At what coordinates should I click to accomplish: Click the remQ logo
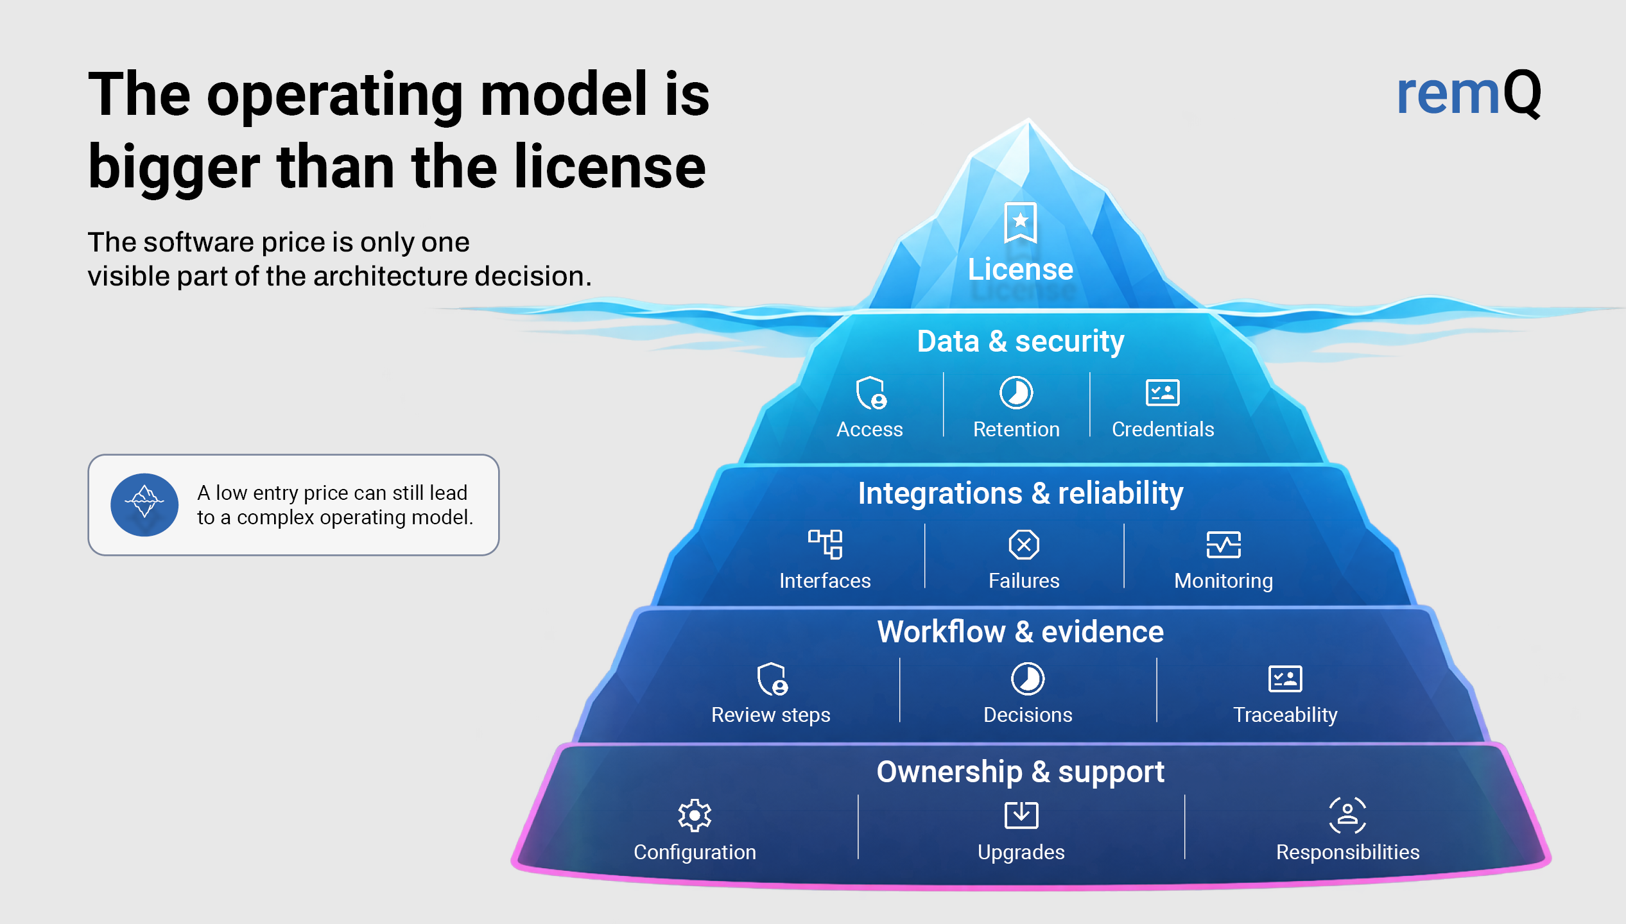[x=1469, y=94]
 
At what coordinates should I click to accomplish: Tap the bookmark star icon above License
[x=1020, y=222]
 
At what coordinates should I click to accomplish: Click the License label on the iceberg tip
[x=1020, y=269]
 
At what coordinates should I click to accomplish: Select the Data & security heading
[x=1020, y=341]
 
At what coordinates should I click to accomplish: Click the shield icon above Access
[x=871, y=393]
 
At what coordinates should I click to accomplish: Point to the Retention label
[x=1016, y=429]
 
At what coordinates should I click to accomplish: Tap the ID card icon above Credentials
[x=1163, y=393]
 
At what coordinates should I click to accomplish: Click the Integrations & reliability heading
[x=1020, y=493]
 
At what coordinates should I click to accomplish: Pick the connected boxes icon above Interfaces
[x=825, y=544]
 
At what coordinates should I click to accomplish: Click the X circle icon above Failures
[x=1024, y=545]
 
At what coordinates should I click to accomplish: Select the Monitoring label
[x=1224, y=581]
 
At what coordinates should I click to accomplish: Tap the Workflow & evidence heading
[x=1020, y=632]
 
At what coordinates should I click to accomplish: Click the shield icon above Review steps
[x=772, y=679]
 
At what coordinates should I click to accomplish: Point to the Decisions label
[x=1028, y=715]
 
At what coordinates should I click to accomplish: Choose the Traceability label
[x=1285, y=715]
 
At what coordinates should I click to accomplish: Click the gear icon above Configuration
[x=695, y=816]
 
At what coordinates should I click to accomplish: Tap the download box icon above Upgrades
[x=1021, y=815]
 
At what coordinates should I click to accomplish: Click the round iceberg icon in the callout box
[x=144, y=505]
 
